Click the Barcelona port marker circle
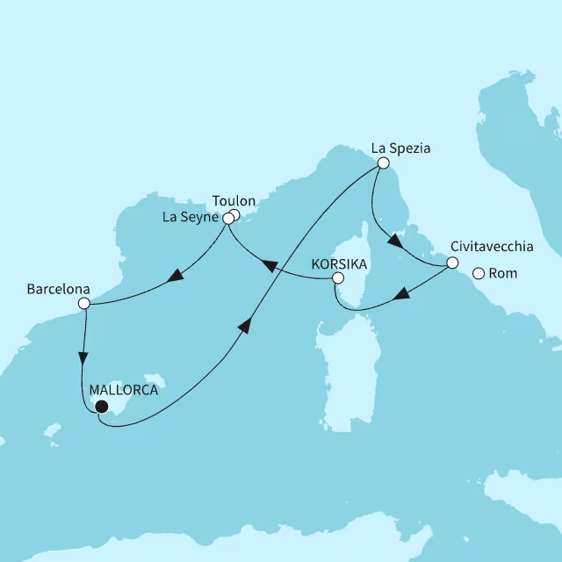tap(83, 304)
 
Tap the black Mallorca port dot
tap(101, 407)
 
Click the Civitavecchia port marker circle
tap(452, 263)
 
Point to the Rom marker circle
tap(479, 273)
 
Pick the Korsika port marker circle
tap(336, 278)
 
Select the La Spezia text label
tap(401, 148)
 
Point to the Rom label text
tap(504, 274)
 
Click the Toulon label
tap(234, 201)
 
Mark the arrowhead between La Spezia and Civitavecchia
tap(394, 241)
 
